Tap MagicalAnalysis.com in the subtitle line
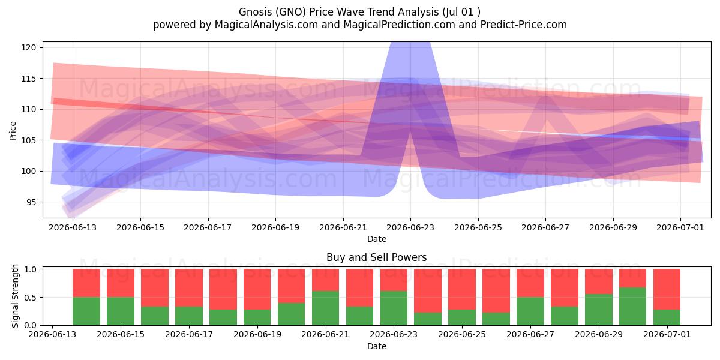(x=266, y=25)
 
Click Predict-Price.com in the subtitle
(x=524, y=25)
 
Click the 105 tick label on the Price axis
(x=29, y=140)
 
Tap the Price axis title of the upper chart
(x=13, y=131)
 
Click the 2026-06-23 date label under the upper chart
(x=410, y=227)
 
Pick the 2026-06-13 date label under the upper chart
(x=73, y=227)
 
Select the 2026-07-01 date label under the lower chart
(x=667, y=334)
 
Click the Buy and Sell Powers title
(x=376, y=257)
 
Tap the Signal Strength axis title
(x=15, y=296)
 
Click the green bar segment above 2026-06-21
(x=325, y=308)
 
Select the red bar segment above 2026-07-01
(x=667, y=289)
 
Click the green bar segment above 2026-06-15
(x=121, y=311)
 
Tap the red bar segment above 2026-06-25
(x=462, y=289)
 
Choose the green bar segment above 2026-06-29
(x=599, y=310)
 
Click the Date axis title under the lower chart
(x=376, y=346)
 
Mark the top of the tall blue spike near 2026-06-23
(x=410, y=43)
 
